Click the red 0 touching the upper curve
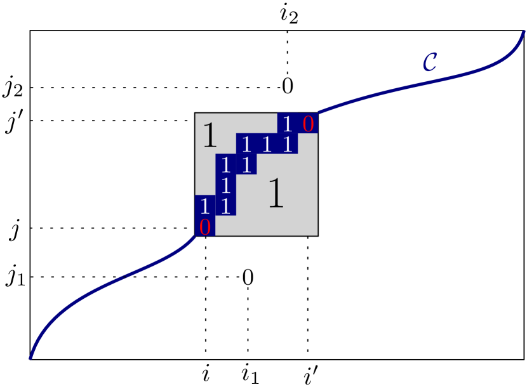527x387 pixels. coord(308,124)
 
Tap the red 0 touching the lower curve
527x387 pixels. coord(204,227)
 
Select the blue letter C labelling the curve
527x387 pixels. coord(430,62)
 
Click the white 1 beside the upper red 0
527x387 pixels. coord(288,124)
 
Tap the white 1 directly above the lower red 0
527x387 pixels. coord(204,206)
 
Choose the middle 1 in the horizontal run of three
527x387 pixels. coord(267,145)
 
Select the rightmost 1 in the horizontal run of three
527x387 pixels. coord(288,145)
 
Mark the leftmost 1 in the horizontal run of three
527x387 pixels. coord(246,145)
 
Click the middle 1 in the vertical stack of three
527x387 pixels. coord(225,186)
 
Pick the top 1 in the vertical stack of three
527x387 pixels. coord(225,166)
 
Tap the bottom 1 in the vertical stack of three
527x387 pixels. coord(225,206)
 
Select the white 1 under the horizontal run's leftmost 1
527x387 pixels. coord(246,166)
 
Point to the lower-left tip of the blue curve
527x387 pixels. coord(30,358)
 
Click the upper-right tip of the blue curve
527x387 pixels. coord(524,32)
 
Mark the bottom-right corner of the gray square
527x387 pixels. coord(317,235)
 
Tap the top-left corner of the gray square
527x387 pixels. coord(196,114)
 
